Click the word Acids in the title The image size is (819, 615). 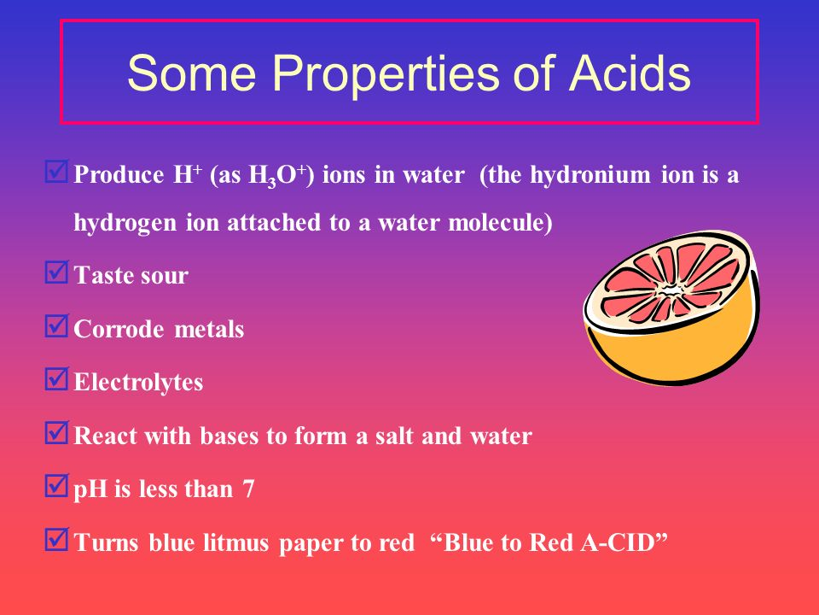click(x=630, y=73)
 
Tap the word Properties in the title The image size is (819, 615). click(x=385, y=73)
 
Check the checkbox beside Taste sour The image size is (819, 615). click(x=56, y=272)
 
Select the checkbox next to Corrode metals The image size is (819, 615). click(x=56, y=325)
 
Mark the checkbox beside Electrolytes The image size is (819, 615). click(x=56, y=379)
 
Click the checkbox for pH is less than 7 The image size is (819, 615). click(x=56, y=486)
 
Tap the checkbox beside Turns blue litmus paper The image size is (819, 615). click(x=56, y=539)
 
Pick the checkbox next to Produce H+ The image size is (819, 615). click(x=56, y=172)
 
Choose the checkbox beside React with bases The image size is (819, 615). click(x=56, y=432)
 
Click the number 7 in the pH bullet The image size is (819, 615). click(x=248, y=489)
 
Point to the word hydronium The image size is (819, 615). click(x=590, y=175)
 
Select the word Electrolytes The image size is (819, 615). click(x=138, y=383)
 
